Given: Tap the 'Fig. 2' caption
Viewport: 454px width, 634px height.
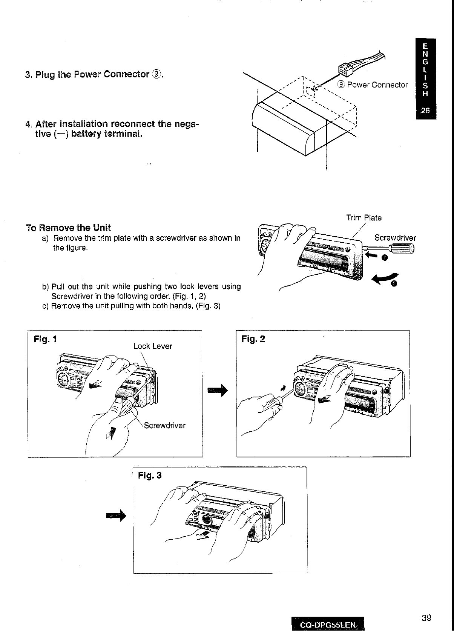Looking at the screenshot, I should click(x=253, y=339).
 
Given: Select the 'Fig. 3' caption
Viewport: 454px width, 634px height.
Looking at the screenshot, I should click(x=150, y=475).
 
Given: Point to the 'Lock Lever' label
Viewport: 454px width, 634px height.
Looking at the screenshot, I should click(x=152, y=346).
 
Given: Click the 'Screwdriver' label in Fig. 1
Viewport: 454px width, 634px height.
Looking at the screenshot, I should click(x=165, y=426).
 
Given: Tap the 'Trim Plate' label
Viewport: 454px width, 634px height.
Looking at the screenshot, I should click(x=364, y=218).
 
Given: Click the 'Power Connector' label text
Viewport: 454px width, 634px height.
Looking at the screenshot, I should click(x=377, y=85).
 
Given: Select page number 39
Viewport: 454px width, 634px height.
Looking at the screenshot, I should click(x=426, y=618).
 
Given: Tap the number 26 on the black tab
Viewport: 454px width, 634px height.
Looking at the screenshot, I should click(x=425, y=111).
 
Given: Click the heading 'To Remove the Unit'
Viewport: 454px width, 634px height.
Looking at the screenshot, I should click(x=68, y=228).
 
